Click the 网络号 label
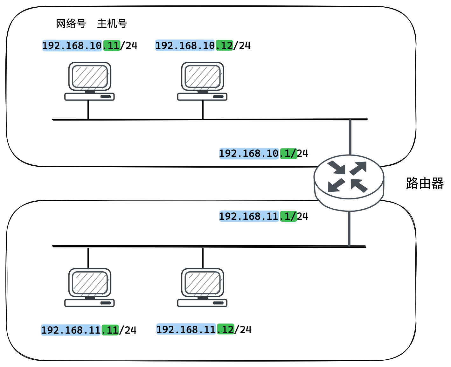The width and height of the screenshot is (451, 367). click(71, 24)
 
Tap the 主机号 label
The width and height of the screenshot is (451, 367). click(112, 24)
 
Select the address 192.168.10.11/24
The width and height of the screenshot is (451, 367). click(90, 46)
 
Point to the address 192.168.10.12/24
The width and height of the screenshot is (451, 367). click(203, 46)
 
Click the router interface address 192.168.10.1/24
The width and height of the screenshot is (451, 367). click(263, 154)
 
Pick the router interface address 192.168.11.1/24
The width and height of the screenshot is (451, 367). click(263, 217)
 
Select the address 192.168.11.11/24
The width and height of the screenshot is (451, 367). click(89, 330)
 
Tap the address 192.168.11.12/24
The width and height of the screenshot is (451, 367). click(204, 329)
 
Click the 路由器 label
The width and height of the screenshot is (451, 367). click(425, 183)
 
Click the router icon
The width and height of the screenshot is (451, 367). click(349, 183)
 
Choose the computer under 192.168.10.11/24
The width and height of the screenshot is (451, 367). click(90, 81)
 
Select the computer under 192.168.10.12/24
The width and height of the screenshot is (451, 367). click(202, 81)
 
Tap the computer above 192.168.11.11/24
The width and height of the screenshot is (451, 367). click(90, 287)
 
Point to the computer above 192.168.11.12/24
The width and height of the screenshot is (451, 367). click(202, 287)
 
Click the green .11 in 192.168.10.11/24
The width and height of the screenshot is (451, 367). click(112, 46)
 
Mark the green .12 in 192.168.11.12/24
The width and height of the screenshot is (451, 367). click(225, 329)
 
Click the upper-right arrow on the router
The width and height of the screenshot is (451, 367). click(358, 168)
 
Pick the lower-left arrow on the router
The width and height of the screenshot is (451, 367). click(336, 185)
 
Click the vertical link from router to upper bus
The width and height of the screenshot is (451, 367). click(350, 137)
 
